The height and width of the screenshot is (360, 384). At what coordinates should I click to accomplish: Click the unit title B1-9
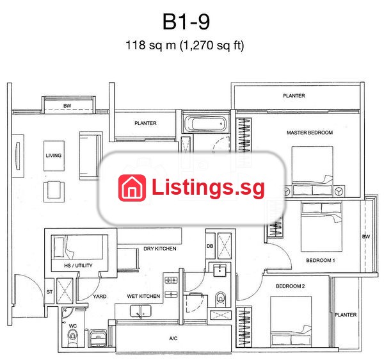tap(186, 22)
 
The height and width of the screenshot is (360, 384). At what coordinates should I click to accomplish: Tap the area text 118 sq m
tap(150, 45)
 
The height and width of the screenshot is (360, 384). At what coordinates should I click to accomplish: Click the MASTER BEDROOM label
tap(310, 133)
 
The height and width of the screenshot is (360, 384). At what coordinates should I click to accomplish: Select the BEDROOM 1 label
tap(321, 260)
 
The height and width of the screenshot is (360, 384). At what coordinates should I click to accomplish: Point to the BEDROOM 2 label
tap(290, 286)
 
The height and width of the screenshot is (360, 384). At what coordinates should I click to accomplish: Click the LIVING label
tap(54, 156)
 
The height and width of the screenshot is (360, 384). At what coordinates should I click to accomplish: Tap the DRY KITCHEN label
tap(159, 249)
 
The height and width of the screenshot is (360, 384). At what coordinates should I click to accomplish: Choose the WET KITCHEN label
tap(143, 297)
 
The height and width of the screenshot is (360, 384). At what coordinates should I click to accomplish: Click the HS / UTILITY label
tap(78, 265)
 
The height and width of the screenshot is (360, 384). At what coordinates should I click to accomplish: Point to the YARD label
tap(99, 297)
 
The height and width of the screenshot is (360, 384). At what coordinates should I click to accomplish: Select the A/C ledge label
tap(173, 338)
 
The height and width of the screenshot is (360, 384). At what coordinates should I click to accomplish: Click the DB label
tap(210, 246)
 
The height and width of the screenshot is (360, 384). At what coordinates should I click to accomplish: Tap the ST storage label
tap(49, 291)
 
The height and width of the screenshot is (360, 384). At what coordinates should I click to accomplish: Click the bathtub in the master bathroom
tap(205, 124)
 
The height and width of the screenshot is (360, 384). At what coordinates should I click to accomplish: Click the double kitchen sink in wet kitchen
tap(140, 311)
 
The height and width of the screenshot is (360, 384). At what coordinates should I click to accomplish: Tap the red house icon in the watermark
tap(132, 188)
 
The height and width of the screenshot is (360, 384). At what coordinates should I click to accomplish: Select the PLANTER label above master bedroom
tap(294, 95)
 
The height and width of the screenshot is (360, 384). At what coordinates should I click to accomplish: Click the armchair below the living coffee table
tap(54, 192)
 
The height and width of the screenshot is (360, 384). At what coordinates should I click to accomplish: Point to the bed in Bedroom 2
tap(291, 322)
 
